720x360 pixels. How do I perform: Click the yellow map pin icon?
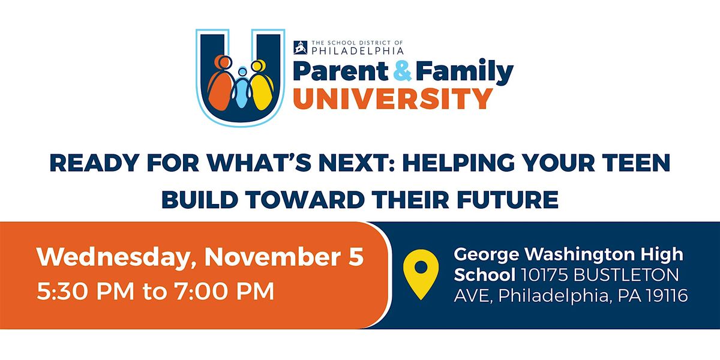tap(421, 274)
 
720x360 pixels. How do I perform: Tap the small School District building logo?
tap(300, 47)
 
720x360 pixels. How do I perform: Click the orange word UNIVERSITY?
tap(393, 99)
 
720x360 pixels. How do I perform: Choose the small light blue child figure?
tap(242, 88)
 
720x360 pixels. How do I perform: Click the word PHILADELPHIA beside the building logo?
tap(358, 51)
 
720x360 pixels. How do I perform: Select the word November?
tap(272, 257)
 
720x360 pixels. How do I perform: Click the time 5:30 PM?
tap(85, 291)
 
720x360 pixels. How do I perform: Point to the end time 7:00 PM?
tap(224, 291)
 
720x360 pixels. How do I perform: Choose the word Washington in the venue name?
tap(580, 255)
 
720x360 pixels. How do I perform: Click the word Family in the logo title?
tap(465, 72)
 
